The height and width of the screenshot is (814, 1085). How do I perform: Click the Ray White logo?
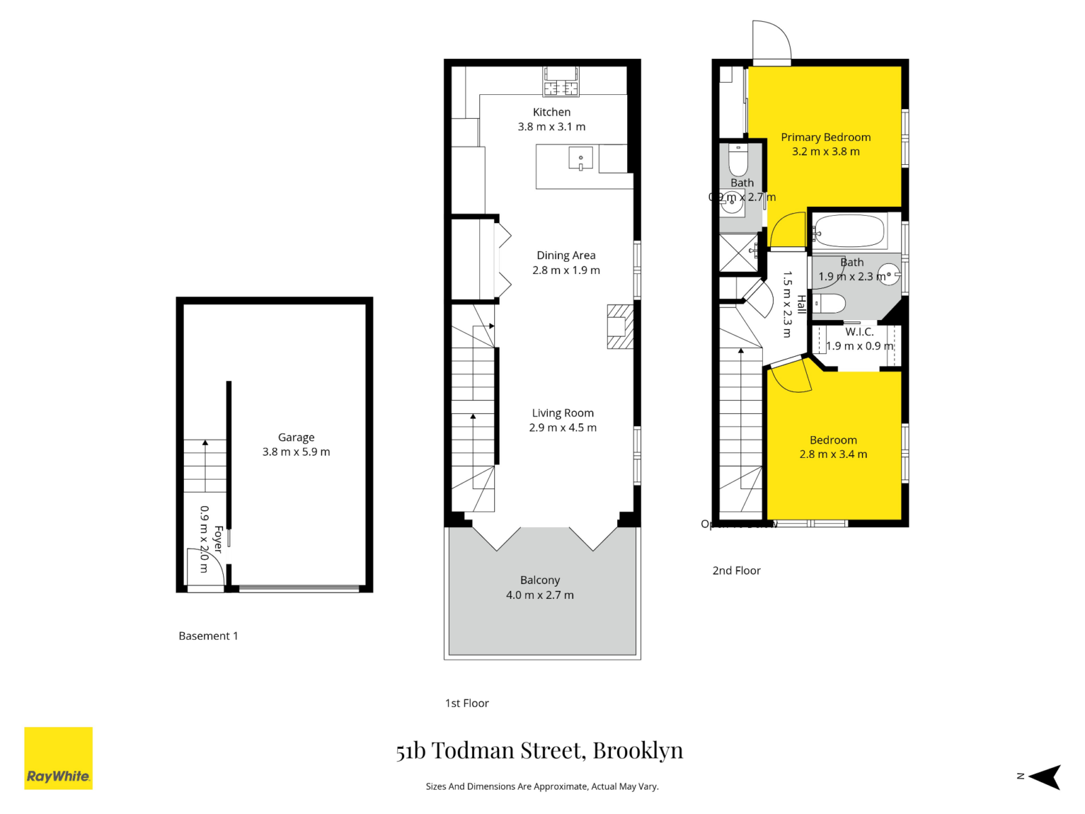pos(58,758)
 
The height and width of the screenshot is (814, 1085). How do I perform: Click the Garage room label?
pos(296,438)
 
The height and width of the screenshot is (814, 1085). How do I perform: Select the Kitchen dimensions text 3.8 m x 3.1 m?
pos(551,127)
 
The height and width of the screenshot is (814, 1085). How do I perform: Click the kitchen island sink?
pos(580,159)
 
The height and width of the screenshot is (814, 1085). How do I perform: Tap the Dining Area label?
pos(566,256)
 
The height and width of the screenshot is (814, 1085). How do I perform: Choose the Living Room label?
pos(563,413)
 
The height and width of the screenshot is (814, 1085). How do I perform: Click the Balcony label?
pos(540,581)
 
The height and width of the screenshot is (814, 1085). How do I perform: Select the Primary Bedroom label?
pos(825,137)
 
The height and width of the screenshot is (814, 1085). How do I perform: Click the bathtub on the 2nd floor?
pos(849,231)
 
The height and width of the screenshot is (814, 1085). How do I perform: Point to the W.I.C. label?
pos(859,332)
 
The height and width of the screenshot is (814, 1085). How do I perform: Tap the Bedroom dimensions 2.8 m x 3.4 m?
pos(833,454)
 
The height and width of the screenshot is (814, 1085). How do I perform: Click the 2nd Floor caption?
pos(736,571)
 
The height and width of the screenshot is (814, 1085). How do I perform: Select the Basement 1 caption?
pos(208,636)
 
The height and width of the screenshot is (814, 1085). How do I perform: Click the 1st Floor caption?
pos(467,703)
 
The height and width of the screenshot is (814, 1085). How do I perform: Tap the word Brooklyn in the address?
pos(637,750)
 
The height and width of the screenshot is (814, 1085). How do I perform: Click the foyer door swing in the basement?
pos(205,566)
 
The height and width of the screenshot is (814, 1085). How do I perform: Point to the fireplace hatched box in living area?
pos(620,326)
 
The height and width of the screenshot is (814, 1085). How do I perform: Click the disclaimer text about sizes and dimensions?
pos(542,787)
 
